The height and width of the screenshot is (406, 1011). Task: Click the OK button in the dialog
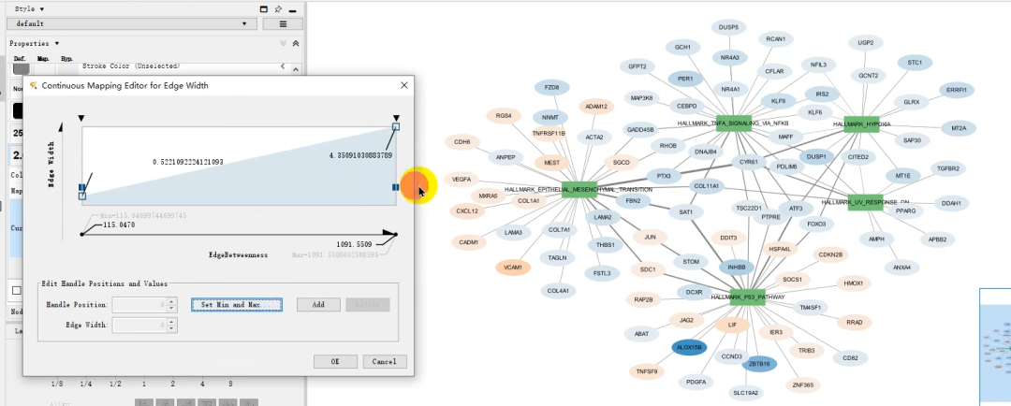[334, 361]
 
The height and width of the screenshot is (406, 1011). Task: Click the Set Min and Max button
[236, 305]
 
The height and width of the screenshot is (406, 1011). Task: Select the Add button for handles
[318, 305]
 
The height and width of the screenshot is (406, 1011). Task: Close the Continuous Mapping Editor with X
[404, 85]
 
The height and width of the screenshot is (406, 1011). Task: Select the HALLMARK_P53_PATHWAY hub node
[747, 297]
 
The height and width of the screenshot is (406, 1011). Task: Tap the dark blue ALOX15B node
[689, 347]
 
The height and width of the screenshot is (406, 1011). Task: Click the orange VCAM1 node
[512, 268]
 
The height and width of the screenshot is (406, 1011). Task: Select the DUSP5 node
[728, 28]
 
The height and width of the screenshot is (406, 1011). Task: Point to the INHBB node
[736, 268]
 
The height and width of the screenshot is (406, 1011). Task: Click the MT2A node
[959, 128]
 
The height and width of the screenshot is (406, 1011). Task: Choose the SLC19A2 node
[746, 393]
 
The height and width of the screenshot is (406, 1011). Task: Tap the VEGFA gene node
[462, 179]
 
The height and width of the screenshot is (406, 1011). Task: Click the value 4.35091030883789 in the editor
[360, 154]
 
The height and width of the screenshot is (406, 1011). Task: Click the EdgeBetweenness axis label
[238, 254]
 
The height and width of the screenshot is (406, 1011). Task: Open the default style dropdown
[131, 23]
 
